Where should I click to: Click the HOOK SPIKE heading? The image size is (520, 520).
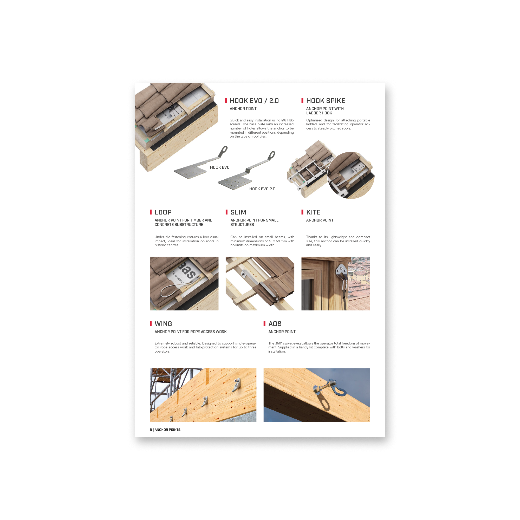(x=326, y=101)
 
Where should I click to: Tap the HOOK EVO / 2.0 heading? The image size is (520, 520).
(x=254, y=101)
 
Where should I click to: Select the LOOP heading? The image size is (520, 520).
(x=163, y=212)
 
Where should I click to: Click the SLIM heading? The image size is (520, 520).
(x=238, y=212)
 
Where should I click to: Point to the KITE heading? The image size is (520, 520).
(x=313, y=212)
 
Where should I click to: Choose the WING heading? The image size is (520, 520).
(x=163, y=324)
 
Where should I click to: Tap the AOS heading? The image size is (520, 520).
(x=275, y=324)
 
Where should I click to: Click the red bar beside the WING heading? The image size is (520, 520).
(x=151, y=323)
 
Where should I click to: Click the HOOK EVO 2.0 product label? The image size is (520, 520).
(x=262, y=189)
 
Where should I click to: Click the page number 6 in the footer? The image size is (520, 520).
(x=151, y=430)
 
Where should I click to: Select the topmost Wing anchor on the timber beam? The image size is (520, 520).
(x=237, y=384)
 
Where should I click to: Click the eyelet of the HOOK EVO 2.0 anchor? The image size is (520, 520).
(x=272, y=155)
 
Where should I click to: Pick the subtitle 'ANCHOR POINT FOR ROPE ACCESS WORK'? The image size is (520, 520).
(x=191, y=331)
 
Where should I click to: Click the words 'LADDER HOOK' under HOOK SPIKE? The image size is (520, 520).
(x=319, y=113)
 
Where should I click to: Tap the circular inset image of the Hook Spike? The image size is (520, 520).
(x=351, y=175)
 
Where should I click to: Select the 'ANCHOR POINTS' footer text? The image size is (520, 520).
(x=167, y=430)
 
